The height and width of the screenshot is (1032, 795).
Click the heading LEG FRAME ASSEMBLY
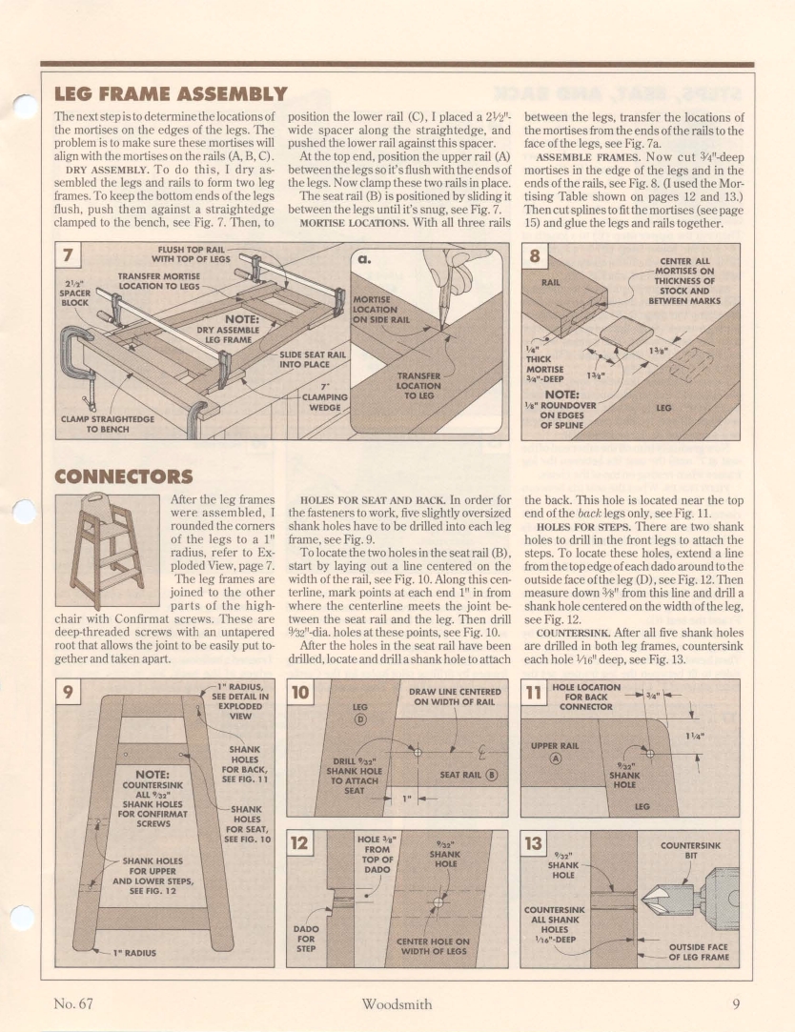click(171, 93)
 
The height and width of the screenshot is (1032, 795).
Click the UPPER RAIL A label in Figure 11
click(556, 753)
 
